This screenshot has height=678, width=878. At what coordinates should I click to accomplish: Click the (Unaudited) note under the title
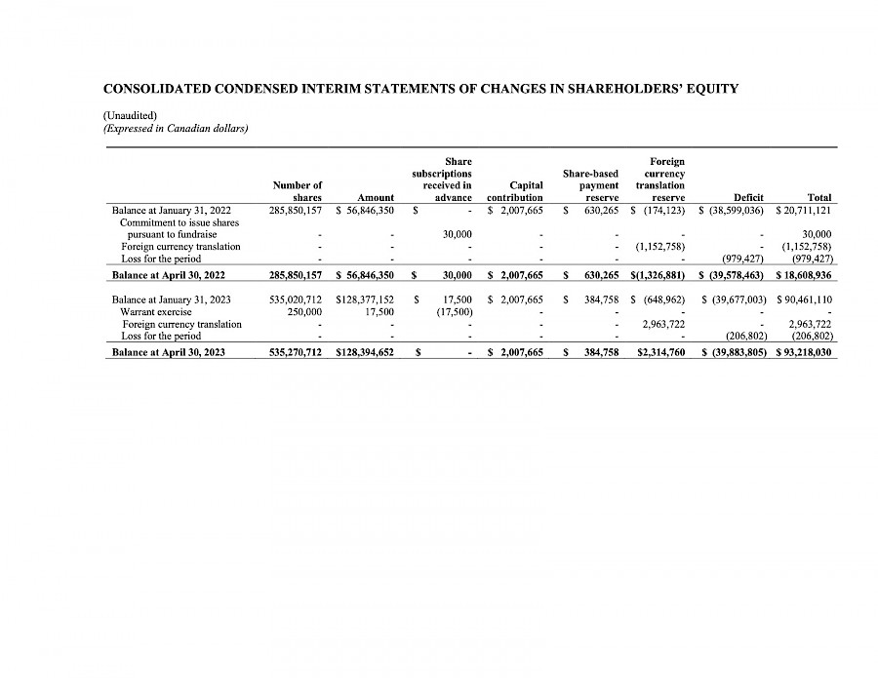point(124,115)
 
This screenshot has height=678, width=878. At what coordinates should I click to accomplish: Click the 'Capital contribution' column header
point(515,191)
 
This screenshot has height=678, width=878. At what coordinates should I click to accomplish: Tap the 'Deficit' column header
point(734,197)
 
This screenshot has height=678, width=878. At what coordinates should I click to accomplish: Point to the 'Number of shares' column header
point(298,191)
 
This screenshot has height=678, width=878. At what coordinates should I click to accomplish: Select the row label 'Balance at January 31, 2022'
point(172,210)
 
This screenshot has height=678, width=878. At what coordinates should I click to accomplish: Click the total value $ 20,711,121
point(803,210)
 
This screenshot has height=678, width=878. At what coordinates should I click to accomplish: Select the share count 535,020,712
point(296,299)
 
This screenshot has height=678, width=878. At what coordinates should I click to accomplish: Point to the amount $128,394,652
point(364,352)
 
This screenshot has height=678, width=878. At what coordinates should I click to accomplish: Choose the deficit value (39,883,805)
point(738,352)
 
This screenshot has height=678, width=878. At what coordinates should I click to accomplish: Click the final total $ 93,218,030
point(803,352)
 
